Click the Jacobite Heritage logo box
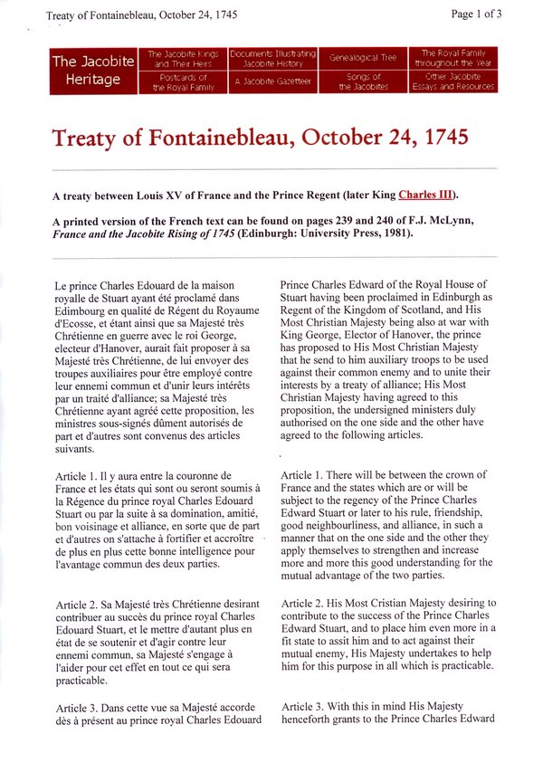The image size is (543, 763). [x=93, y=71]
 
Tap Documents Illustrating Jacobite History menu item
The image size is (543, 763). [x=272, y=60]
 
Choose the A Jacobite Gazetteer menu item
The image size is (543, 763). [x=272, y=81]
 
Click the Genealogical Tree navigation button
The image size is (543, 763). [x=363, y=58]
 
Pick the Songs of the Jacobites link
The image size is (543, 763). [x=363, y=81]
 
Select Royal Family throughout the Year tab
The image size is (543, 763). [x=452, y=60]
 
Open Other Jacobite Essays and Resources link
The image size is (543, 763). [x=452, y=81]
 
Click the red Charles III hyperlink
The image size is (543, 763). [x=424, y=195]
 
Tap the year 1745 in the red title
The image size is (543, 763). [x=441, y=138]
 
